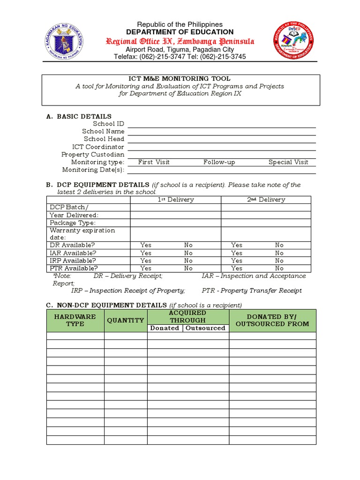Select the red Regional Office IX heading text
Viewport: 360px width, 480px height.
pos(180,41)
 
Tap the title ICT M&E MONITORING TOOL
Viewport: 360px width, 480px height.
pos(180,79)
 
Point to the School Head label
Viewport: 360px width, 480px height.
pos(104,139)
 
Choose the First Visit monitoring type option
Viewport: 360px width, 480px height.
pos(154,162)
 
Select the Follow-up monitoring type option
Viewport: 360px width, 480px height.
pos(219,162)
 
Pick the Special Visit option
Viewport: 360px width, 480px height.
pos(288,162)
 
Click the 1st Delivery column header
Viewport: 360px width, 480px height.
pos(175,200)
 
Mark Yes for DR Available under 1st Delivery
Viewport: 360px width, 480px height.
pos(146,245)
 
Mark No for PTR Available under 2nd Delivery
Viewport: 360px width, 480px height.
pos(279,269)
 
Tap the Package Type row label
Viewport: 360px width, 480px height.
pos(73,223)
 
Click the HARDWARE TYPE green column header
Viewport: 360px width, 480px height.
pos(75,320)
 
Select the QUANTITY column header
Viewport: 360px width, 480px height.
pos(125,320)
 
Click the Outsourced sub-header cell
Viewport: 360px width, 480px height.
pos(205,328)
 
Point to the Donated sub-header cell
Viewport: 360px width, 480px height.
pos(165,328)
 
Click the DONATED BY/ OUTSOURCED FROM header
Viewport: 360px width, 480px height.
pos(272,320)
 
